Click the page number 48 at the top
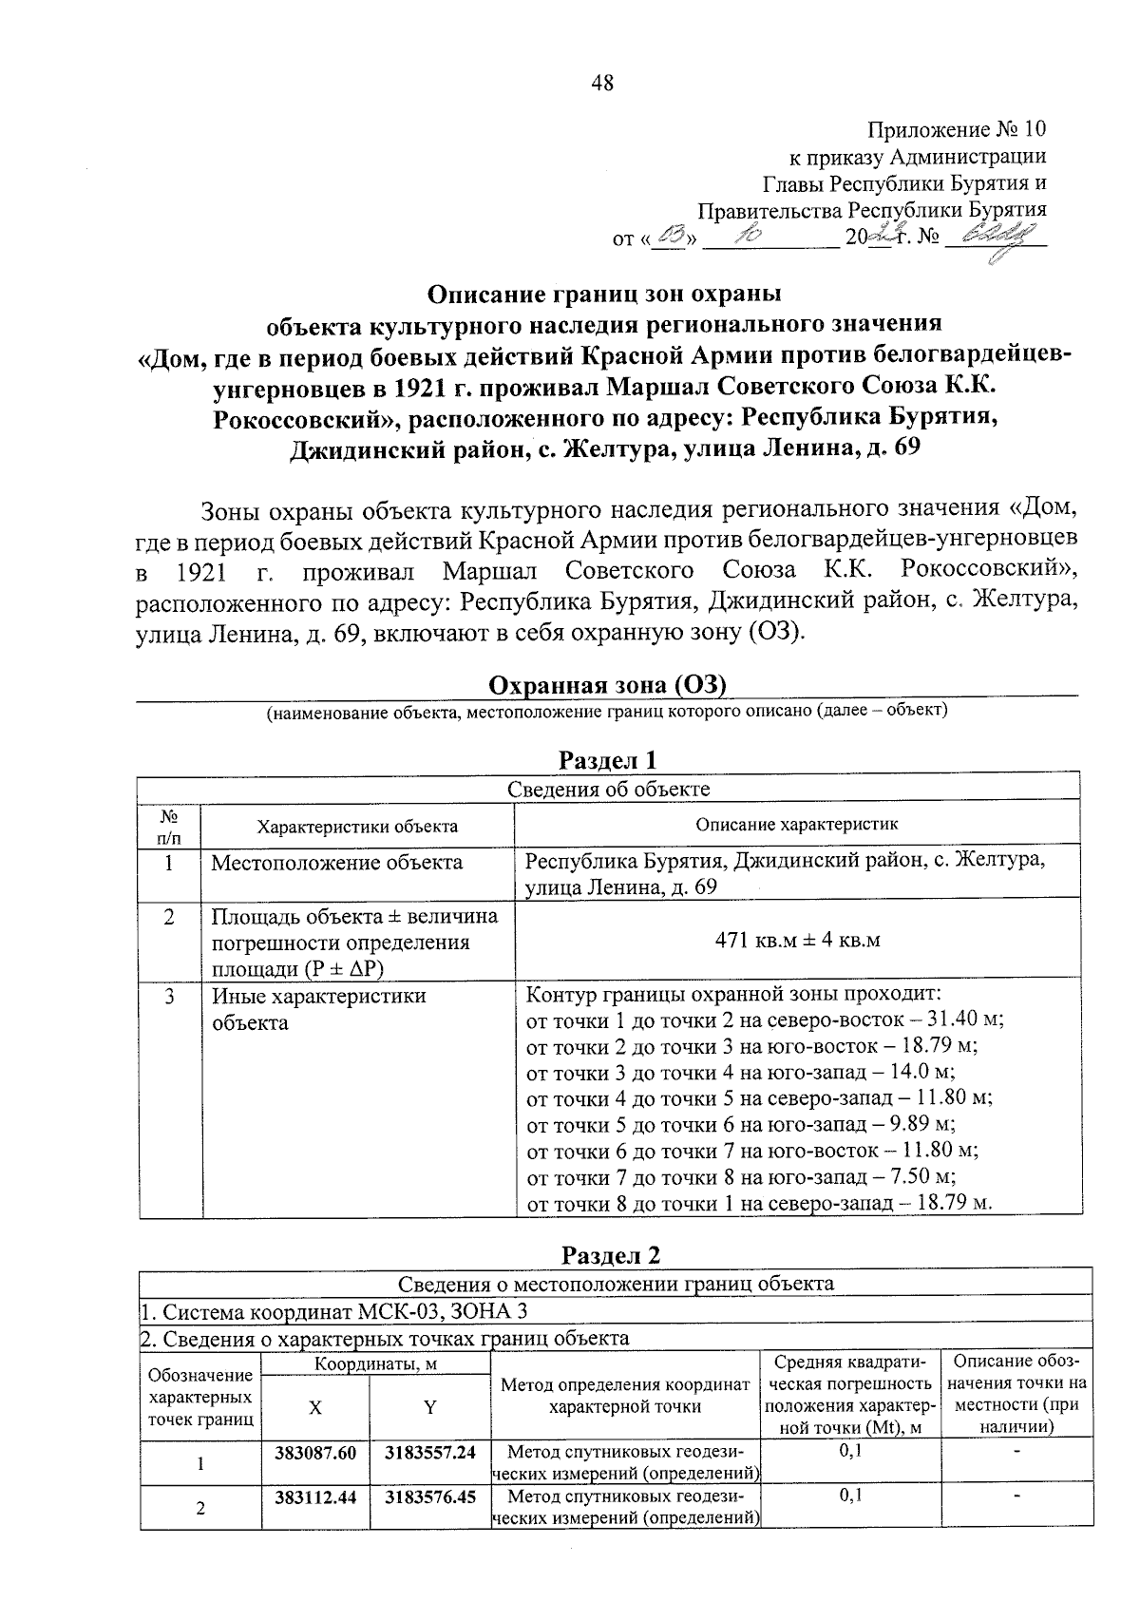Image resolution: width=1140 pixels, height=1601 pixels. coord(602,83)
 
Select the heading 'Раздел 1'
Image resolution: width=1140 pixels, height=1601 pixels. coord(607,760)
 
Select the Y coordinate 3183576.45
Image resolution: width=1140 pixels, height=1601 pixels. coord(429,1496)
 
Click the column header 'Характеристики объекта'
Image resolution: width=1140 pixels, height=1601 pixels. coord(357,826)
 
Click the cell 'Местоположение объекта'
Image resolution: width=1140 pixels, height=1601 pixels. coord(336,863)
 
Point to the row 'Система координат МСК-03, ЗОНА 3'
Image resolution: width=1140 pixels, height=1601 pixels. coord(332,1312)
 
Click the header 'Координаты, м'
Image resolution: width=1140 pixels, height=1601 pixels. coord(373,1364)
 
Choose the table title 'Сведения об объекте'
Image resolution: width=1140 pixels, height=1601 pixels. coord(608,789)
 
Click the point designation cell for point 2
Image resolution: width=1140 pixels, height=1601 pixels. coord(200,1508)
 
